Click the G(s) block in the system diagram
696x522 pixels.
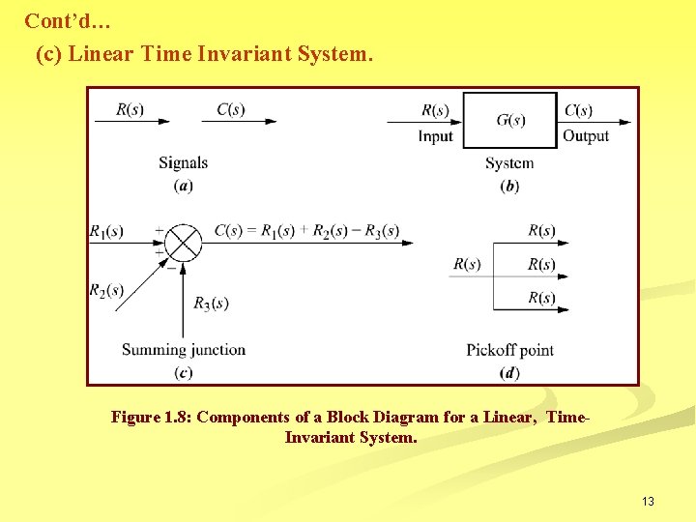(x=510, y=120)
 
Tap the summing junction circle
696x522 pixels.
(x=182, y=242)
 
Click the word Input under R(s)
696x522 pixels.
(x=435, y=136)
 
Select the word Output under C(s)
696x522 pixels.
(x=586, y=136)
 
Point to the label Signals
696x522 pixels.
(x=183, y=162)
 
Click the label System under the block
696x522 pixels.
(x=509, y=162)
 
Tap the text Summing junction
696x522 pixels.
(x=184, y=349)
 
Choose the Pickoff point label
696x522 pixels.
(x=509, y=349)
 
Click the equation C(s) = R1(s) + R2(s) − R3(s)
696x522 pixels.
(x=306, y=230)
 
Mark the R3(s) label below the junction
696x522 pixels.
(x=211, y=304)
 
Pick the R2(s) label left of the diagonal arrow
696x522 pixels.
(x=106, y=290)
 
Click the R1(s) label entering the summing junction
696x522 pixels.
(x=106, y=231)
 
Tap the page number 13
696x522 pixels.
(x=648, y=501)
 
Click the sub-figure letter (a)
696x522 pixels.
(x=183, y=186)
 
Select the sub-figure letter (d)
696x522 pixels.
(x=509, y=373)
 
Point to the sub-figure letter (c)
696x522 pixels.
(x=183, y=373)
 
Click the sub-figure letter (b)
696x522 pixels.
(x=509, y=186)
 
